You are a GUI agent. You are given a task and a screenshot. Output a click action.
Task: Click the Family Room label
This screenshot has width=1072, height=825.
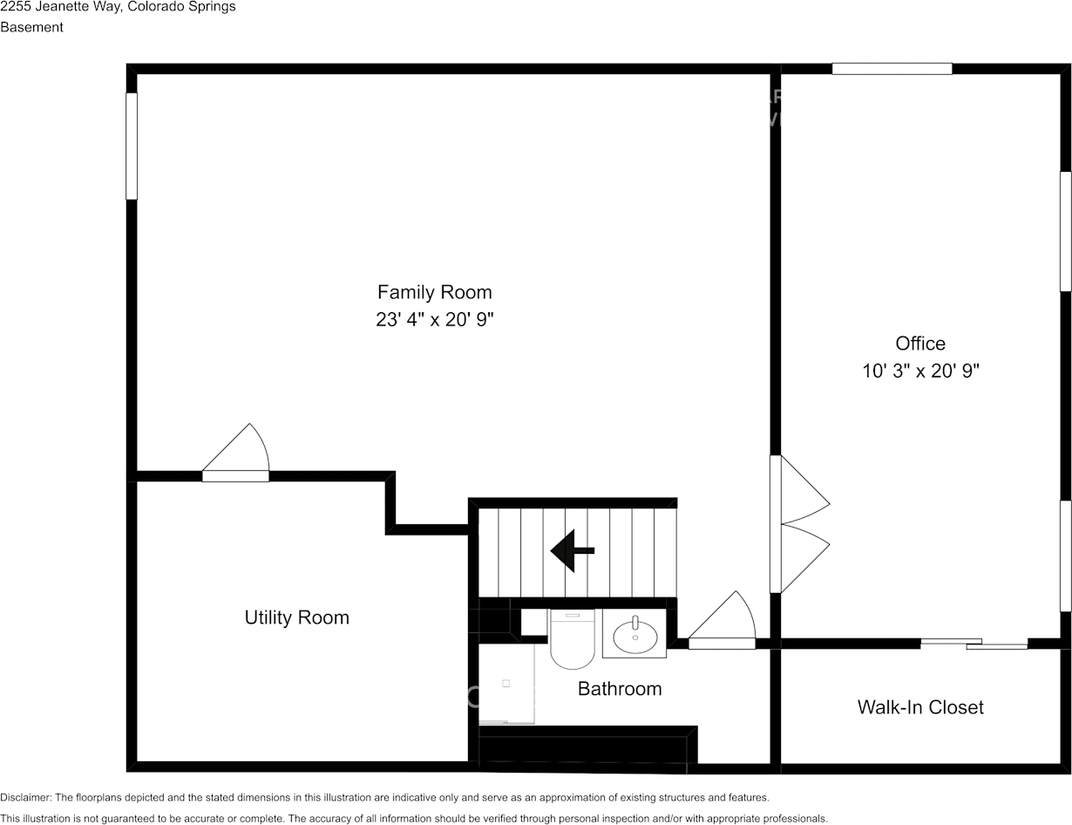(435, 292)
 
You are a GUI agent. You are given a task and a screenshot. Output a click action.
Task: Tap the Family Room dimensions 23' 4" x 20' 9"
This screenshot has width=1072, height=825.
(435, 320)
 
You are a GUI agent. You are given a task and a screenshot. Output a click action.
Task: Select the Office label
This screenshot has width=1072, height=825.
(920, 344)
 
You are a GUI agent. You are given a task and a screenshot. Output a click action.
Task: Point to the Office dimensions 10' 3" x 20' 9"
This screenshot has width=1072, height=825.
(920, 371)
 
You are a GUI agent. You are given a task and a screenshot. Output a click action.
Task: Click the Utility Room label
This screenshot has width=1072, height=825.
(296, 617)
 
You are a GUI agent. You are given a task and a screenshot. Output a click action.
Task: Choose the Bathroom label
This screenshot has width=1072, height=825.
(620, 689)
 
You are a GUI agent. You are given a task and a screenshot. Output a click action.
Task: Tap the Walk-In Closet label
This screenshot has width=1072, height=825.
(920, 707)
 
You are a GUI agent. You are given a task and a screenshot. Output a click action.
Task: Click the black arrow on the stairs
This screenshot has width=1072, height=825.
(573, 550)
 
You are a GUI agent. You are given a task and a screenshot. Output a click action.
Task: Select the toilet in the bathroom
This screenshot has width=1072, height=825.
(573, 639)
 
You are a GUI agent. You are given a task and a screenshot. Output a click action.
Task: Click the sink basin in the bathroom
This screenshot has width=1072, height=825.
(634, 637)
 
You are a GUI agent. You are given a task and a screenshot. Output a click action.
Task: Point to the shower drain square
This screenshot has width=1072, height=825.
(505, 684)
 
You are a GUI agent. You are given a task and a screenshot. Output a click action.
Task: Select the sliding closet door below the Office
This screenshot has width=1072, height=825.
(974, 644)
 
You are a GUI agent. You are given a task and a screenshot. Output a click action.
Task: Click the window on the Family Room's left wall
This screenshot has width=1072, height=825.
(132, 146)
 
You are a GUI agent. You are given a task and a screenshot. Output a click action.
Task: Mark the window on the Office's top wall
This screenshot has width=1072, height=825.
(892, 69)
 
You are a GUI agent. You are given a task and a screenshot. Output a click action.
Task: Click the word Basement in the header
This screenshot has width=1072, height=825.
(31, 27)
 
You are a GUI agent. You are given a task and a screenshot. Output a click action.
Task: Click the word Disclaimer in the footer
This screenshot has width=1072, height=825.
(25, 797)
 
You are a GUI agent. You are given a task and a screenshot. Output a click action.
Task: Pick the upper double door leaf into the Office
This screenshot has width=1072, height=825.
(805, 488)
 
